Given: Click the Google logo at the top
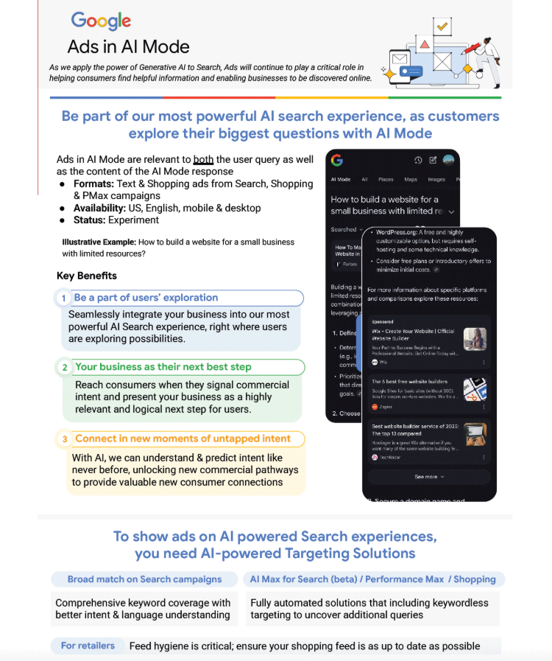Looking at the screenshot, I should pyautogui.click(x=101, y=21).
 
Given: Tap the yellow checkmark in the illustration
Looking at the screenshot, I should pyautogui.click(x=442, y=27).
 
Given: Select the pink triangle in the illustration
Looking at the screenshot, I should pyautogui.click(x=425, y=44).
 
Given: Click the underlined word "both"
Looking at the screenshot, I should pyautogui.click(x=203, y=159).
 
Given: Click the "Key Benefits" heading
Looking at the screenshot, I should pyautogui.click(x=87, y=276).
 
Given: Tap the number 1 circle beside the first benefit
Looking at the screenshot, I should pyautogui.click(x=64, y=298).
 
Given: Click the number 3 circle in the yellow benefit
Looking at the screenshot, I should pyautogui.click(x=64, y=439).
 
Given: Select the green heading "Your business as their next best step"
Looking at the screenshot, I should pyautogui.click(x=163, y=366).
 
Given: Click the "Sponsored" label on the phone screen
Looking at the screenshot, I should pyautogui.click(x=383, y=322).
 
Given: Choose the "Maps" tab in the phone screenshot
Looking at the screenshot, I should pyautogui.click(x=411, y=179).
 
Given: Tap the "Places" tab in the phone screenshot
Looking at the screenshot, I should pyautogui.click(x=386, y=179).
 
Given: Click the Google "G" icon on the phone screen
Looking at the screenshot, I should pyautogui.click(x=337, y=160).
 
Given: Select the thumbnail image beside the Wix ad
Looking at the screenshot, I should pyautogui.click(x=475, y=339).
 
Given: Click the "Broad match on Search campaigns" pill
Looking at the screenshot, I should pyautogui.click(x=144, y=579).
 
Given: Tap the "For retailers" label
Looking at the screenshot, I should pyautogui.click(x=88, y=646).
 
